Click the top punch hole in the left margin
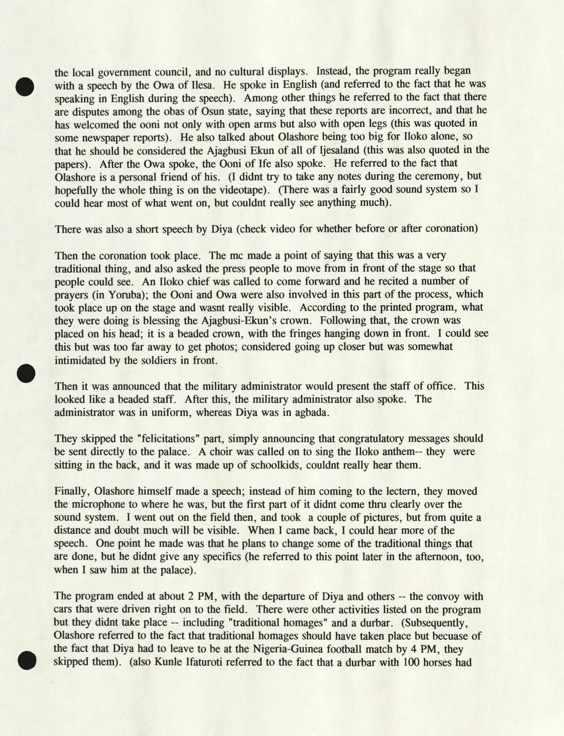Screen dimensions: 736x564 pos(25,86)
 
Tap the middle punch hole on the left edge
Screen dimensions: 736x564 pos(26,373)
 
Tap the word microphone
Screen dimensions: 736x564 pos(96,505)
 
